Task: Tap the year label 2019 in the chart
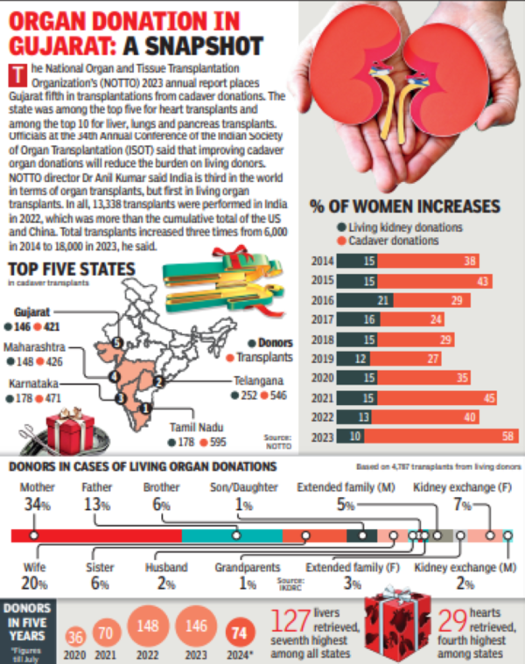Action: point(323,358)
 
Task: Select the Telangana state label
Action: point(258,381)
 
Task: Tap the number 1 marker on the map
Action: point(147,407)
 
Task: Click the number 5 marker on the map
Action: point(117,343)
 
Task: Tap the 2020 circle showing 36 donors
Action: point(76,636)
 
